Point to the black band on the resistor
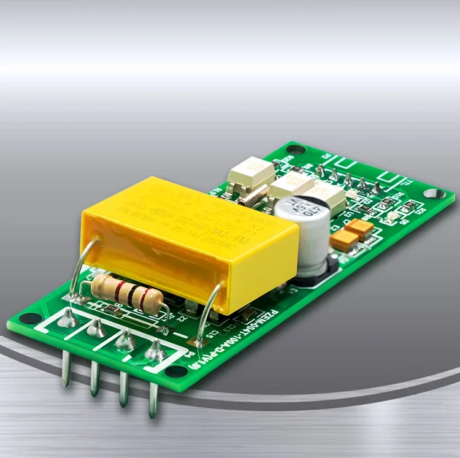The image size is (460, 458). point(131,294)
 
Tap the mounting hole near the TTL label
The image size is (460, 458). point(434,193)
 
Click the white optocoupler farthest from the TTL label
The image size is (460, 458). point(252,172)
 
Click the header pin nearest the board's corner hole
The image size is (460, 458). point(66,368)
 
